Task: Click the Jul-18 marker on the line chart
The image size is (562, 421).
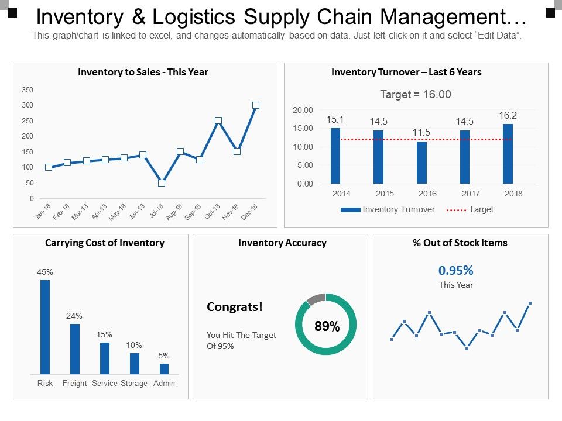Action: point(162,183)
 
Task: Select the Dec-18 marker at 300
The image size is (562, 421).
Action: point(256,105)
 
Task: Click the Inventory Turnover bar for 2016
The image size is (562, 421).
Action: point(421,163)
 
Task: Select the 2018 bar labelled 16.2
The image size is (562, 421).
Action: point(508,154)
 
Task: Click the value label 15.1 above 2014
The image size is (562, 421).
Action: point(335,119)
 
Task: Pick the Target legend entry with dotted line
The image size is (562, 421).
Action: point(470,209)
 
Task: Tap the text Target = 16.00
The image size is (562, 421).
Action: point(416,95)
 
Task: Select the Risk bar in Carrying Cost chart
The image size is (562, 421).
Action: point(45,327)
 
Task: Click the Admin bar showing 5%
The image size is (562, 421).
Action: point(165,369)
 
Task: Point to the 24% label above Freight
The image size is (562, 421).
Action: point(74,316)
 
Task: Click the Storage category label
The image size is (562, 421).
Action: point(134,384)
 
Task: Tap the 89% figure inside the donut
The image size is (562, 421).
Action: point(327,327)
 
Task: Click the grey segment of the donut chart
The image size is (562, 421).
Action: point(316,299)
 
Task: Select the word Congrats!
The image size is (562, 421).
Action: point(235,307)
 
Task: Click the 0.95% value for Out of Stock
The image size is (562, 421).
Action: point(456,270)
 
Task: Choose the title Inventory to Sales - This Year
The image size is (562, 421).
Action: point(143,73)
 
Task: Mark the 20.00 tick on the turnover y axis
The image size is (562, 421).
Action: point(303,110)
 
